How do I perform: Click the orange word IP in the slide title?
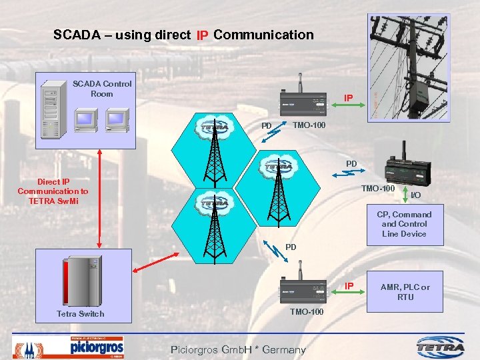(203, 35)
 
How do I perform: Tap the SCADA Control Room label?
(102, 89)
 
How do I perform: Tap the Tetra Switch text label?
(80, 313)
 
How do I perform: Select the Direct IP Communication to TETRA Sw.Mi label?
(53, 191)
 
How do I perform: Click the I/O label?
(415, 195)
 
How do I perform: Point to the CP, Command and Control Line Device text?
(404, 224)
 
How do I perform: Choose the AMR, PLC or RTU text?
(405, 292)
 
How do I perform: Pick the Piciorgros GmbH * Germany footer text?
(238, 349)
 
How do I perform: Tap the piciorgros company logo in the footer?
(96, 347)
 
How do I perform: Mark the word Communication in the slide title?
(263, 34)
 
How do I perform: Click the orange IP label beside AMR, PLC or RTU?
(348, 286)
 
